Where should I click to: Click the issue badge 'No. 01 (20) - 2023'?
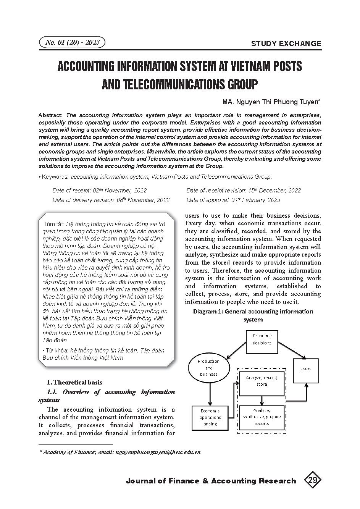coord(72,42)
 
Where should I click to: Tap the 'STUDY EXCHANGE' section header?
coord(286,44)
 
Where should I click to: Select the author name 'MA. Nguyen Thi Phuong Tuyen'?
coord(271,102)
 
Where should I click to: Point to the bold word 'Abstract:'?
coord(51,115)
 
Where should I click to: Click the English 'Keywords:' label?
coord(55,177)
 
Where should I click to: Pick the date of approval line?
coord(233,200)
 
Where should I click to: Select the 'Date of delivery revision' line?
coord(111,200)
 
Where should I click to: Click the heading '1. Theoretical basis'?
coord(74,382)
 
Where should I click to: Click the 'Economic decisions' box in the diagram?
coord(262,339)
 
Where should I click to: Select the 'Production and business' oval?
coord(209,368)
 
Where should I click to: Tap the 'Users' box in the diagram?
coord(306,368)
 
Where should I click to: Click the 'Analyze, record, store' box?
coord(262,381)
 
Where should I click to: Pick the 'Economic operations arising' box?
coord(210,417)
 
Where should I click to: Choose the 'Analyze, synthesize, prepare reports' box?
coord(262,417)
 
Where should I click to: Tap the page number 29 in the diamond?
coord(313,480)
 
